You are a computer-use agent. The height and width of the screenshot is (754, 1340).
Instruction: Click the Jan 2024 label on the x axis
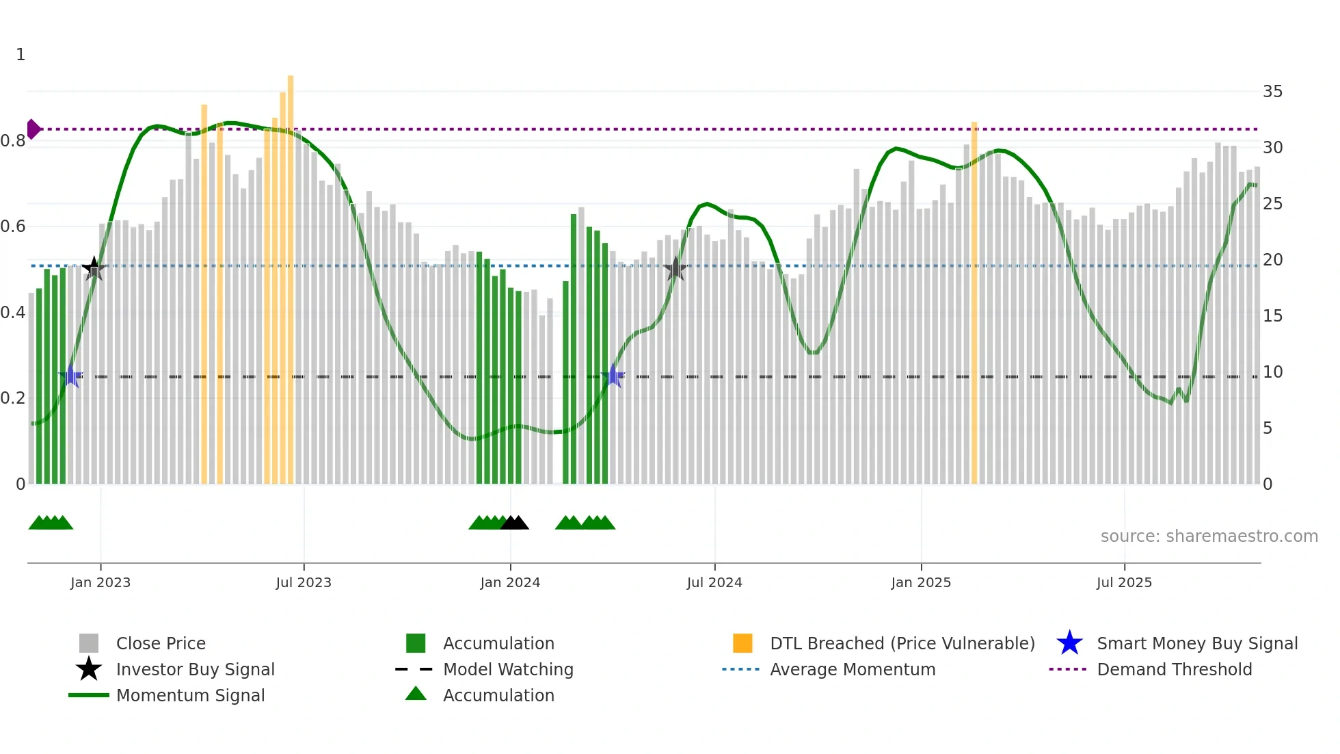point(510,582)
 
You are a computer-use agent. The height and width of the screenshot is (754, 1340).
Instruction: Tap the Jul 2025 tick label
point(1124,582)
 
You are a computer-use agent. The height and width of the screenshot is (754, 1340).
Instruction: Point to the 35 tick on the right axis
point(1272,92)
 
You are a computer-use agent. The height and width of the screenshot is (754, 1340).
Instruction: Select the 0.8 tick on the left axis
point(14,141)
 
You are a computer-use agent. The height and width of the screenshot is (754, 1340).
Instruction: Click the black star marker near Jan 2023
point(94,268)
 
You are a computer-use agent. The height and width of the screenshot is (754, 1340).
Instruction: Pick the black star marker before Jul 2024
point(675,269)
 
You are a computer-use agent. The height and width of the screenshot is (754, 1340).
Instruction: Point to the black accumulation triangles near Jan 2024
point(514,523)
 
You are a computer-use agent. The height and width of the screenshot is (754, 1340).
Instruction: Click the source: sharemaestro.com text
point(1209,536)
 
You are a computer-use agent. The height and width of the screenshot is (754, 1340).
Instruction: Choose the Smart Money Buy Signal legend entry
point(1196,643)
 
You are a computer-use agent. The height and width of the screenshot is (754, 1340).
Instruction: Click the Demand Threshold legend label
point(1174,669)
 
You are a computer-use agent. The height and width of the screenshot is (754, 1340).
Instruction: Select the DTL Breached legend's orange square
point(742,643)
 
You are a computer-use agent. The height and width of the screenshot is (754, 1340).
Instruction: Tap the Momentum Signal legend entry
point(189,695)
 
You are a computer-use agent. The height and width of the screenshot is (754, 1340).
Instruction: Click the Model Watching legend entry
point(507,669)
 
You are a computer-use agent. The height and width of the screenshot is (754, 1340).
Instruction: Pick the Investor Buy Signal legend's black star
point(89,669)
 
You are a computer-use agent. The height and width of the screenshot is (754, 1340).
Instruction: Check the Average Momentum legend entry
point(852,669)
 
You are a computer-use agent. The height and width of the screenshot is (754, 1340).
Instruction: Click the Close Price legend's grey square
point(89,643)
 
